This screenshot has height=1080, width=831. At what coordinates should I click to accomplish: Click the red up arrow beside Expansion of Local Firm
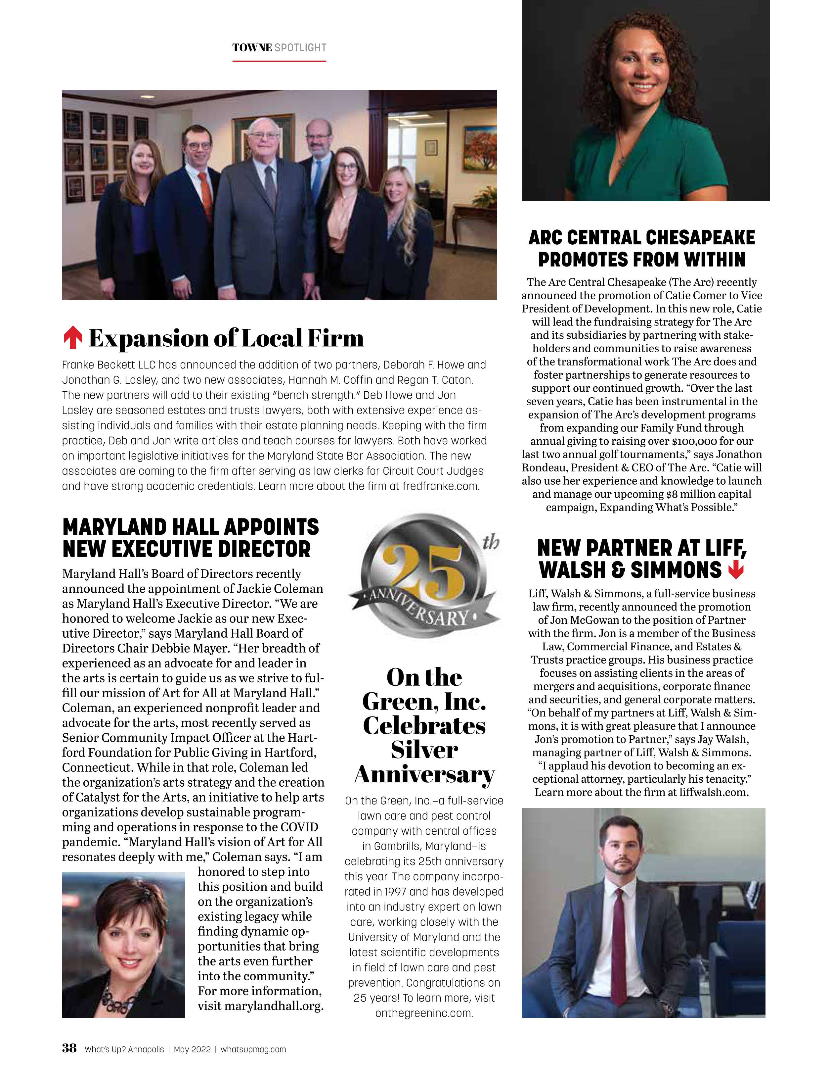73,338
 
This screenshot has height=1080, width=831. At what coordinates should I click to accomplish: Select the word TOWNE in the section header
252,47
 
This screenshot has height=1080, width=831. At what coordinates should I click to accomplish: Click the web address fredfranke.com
441,486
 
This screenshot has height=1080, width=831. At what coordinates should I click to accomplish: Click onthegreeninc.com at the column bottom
424,1013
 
